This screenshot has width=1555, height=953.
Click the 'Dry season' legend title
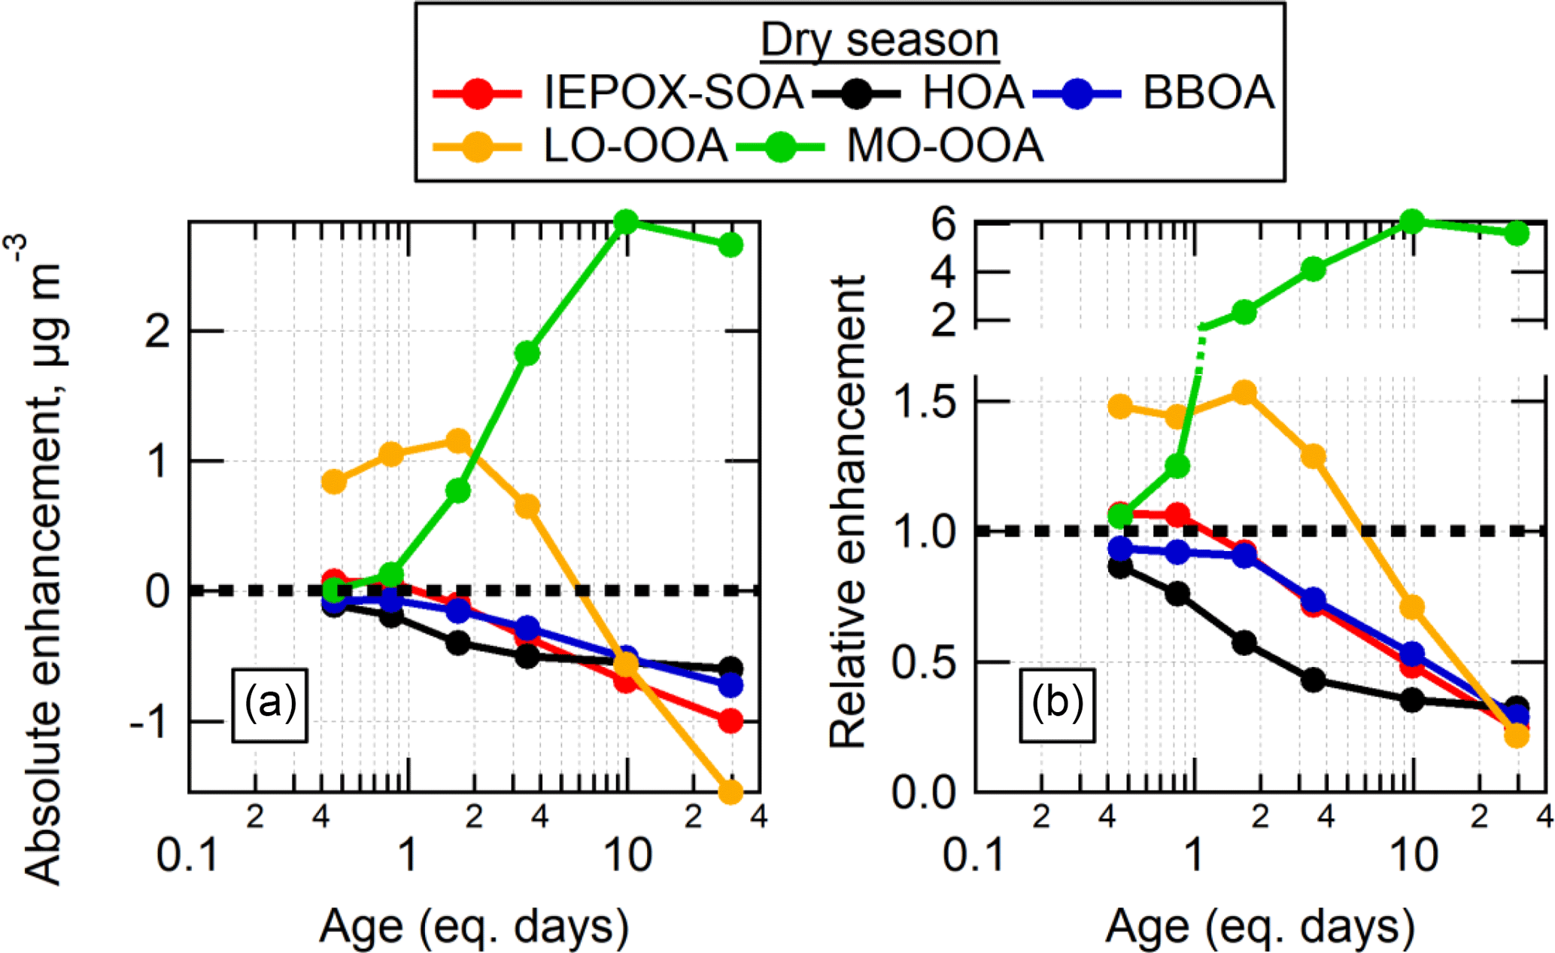point(879,40)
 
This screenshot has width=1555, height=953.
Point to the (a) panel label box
point(269,705)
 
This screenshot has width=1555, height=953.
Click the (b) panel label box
point(1057,705)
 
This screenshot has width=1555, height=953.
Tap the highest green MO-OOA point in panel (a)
point(626,221)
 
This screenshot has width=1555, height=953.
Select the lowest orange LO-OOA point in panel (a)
point(730,791)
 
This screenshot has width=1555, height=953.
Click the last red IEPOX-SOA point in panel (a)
point(730,721)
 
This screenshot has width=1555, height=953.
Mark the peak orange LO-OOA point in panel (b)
point(1244,392)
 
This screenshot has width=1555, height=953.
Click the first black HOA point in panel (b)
point(1120,567)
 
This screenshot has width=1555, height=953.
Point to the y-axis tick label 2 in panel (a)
point(158,331)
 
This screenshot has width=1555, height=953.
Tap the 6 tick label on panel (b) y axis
point(943,224)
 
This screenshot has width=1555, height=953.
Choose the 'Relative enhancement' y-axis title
point(848,512)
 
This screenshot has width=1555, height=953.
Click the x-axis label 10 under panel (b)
point(1414,856)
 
